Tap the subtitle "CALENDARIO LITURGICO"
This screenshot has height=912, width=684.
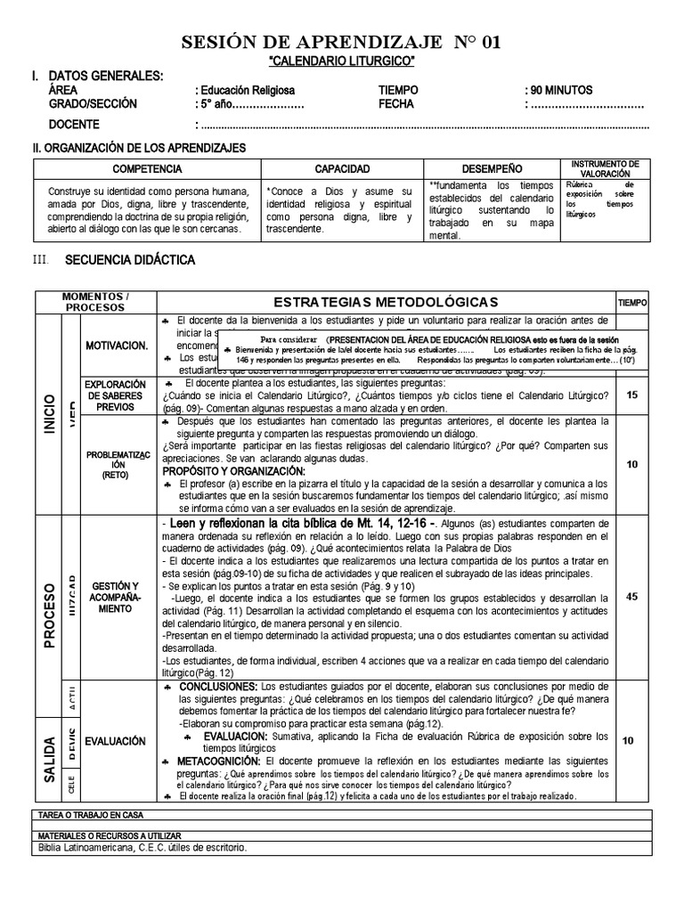pyautogui.click(x=342, y=60)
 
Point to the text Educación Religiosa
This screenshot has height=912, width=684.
pyautogui.click(x=247, y=90)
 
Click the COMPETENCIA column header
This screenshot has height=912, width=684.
pyautogui.click(x=148, y=168)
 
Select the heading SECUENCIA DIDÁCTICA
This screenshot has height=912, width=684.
pyautogui.click(x=130, y=260)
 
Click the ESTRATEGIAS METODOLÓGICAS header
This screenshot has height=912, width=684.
pyautogui.click(x=385, y=303)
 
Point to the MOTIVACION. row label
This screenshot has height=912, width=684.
pyautogui.click(x=116, y=345)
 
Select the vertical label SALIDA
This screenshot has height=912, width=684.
pyautogui.click(x=47, y=760)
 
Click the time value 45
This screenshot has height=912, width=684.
pyautogui.click(x=631, y=597)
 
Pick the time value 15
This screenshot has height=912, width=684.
pyautogui.click(x=631, y=394)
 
